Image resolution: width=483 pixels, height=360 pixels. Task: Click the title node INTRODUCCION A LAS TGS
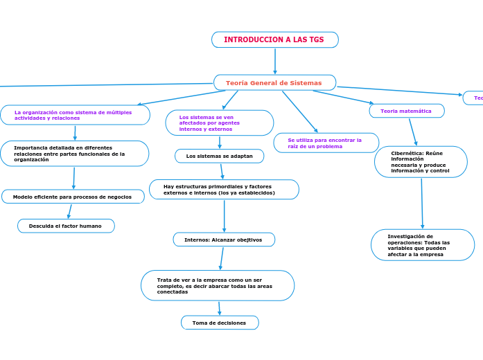(274, 40)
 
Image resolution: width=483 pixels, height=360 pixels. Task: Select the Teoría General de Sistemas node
(274, 83)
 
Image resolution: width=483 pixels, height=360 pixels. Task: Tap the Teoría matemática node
(406, 111)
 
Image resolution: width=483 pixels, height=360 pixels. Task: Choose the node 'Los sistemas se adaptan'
(219, 156)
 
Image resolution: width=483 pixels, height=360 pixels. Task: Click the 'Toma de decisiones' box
(219, 323)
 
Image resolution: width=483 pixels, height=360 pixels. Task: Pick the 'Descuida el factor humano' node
(66, 226)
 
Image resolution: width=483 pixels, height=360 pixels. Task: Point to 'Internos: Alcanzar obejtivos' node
(223, 240)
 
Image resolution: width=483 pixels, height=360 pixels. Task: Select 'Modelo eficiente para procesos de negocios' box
(73, 197)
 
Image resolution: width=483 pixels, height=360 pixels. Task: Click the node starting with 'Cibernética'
(420, 162)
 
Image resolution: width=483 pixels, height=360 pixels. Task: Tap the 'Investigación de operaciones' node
(423, 245)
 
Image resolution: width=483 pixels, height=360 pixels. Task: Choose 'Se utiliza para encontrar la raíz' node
(326, 143)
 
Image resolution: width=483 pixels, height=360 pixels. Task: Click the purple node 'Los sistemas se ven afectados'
(219, 123)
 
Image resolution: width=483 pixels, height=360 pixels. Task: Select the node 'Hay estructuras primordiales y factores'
(223, 190)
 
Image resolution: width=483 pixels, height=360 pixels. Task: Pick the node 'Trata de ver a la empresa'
(217, 285)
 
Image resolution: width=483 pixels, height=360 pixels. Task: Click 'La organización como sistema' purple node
(75, 115)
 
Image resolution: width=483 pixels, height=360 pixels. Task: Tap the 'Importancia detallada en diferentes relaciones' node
(74, 154)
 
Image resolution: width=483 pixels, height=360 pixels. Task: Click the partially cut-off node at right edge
(474, 98)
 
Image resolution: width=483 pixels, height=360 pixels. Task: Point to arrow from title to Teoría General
(275, 61)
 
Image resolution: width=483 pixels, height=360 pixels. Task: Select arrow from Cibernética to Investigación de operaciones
(421, 204)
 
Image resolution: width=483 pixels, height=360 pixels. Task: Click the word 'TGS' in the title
(316, 40)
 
